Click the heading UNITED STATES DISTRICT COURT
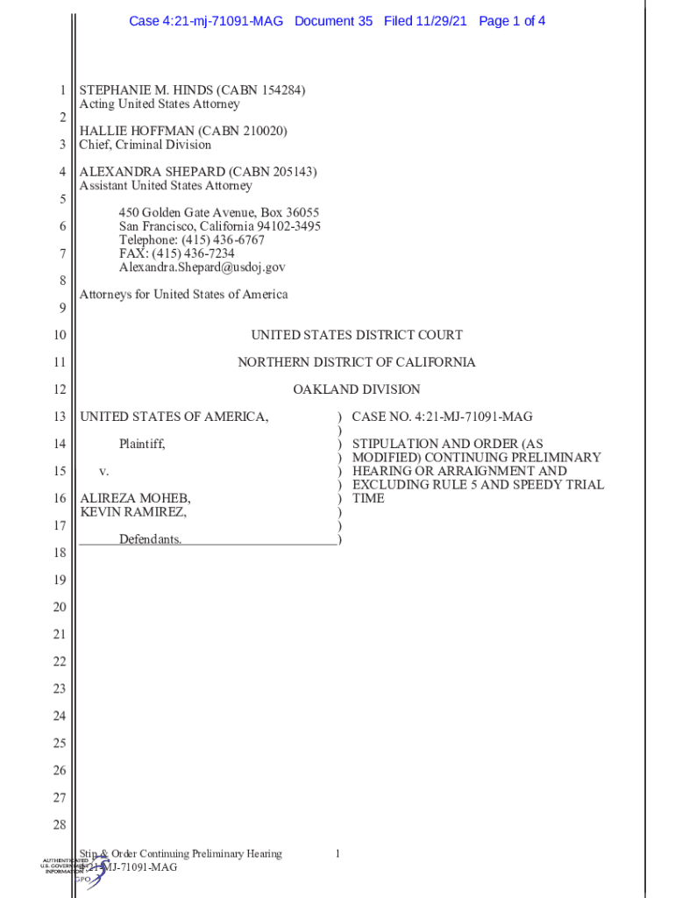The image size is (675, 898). [x=357, y=335]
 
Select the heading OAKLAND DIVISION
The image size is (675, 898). [x=357, y=389]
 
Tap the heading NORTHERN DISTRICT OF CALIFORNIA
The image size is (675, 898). [x=357, y=362]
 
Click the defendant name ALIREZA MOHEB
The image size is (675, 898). [x=135, y=498]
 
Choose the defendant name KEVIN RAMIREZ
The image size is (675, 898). [x=132, y=512]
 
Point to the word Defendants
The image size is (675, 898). [x=151, y=539]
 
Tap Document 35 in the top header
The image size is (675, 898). [x=333, y=20]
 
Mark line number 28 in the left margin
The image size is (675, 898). [x=60, y=825]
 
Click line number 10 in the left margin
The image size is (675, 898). [x=60, y=335]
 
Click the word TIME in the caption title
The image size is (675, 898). [x=368, y=498]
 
